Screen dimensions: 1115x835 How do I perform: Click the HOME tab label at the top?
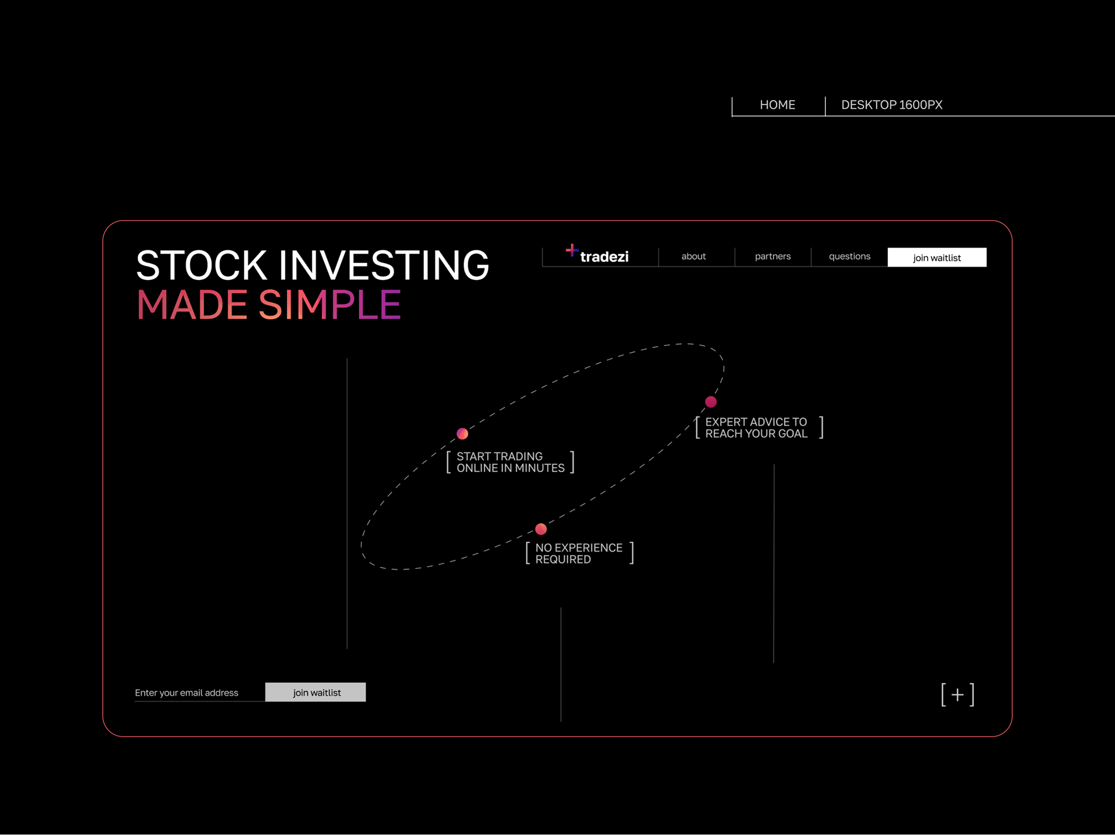(x=778, y=105)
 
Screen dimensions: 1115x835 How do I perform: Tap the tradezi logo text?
(x=604, y=257)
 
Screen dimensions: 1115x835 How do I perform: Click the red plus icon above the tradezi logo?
(x=571, y=250)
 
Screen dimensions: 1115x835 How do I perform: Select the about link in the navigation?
(x=693, y=256)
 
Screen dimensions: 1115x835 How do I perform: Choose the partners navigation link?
(x=772, y=257)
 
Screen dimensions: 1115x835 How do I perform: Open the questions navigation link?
(x=850, y=257)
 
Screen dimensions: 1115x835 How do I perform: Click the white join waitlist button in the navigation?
(x=937, y=257)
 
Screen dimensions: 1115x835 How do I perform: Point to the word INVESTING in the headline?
(x=384, y=265)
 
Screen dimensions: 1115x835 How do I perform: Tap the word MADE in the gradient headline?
(x=192, y=304)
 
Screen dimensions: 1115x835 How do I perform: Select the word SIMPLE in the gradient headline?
(x=330, y=304)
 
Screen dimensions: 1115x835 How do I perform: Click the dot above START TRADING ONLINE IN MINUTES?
(x=462, y=434)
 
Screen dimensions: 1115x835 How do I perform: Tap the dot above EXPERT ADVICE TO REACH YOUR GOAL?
(x=711, y=402)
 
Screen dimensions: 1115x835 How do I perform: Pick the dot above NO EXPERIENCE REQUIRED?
(x=541, y=529)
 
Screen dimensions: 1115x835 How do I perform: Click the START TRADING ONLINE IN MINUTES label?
(x=510, y=462)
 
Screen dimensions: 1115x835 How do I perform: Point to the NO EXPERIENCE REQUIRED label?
(x=579, y=553)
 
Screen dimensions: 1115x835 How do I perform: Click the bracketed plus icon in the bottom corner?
(x=958, y=694)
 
